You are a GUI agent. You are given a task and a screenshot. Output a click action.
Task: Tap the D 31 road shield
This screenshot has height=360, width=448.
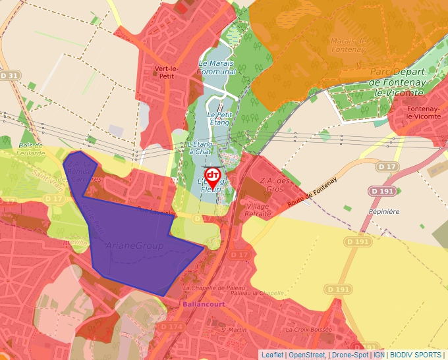[10, 76]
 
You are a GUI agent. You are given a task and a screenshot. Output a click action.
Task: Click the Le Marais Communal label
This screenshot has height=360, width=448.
[217, 67]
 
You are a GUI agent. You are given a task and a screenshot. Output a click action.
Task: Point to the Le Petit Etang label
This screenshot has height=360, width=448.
[219, 118]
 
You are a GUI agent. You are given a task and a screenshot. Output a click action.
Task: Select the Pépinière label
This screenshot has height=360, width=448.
[385, 211]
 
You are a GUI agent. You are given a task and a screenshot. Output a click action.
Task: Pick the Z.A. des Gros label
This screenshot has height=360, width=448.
[273, 185]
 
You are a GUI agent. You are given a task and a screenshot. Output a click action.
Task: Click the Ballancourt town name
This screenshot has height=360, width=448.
[202, 305]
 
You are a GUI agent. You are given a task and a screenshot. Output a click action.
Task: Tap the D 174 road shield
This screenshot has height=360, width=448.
[171, 326]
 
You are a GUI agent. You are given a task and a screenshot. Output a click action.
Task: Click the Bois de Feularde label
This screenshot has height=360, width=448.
[31, 149]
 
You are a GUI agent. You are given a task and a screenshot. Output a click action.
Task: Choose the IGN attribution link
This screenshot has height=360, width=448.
[379, 355]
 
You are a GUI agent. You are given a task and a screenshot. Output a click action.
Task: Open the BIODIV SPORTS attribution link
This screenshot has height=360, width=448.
[416, 355]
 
